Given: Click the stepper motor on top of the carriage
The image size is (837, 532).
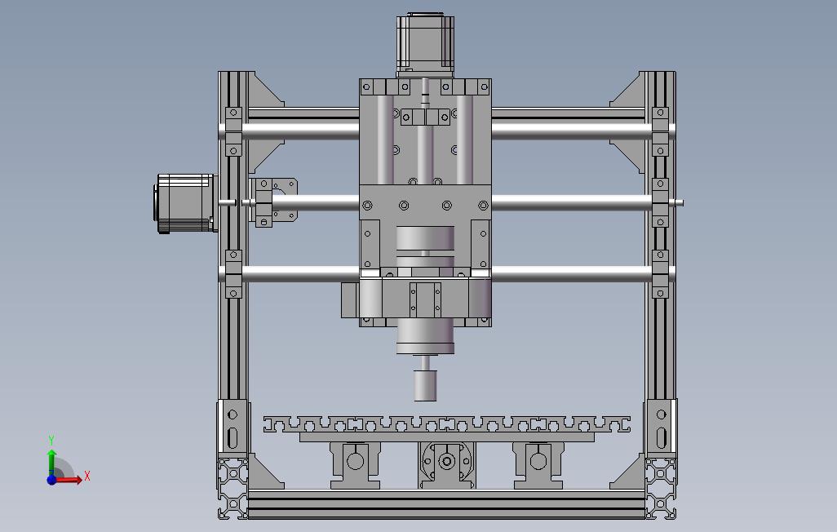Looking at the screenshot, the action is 425,44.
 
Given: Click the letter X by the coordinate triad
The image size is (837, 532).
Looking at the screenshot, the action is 87,476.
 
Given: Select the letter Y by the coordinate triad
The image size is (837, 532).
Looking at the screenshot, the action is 51,440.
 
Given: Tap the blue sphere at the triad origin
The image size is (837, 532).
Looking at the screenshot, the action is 51,480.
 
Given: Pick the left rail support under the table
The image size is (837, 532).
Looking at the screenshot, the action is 355,465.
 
